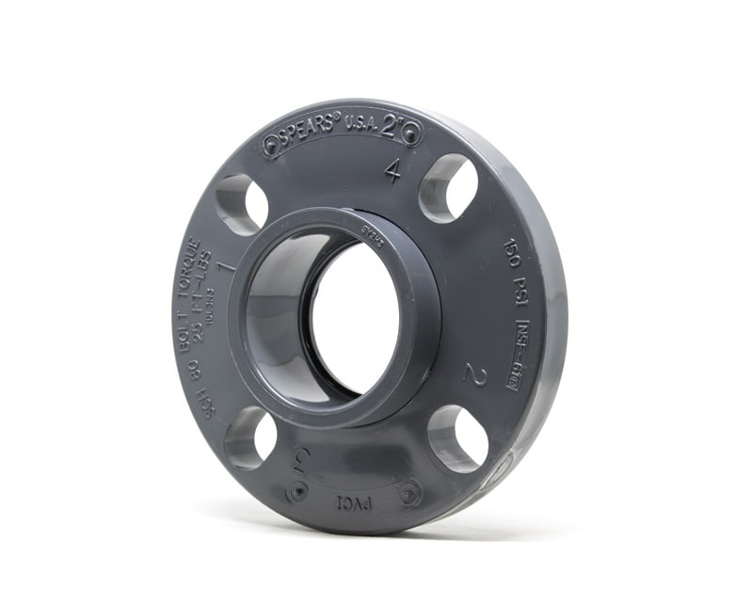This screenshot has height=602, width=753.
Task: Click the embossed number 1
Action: tap(226, 266)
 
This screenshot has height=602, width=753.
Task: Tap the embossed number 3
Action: tap(302, 459)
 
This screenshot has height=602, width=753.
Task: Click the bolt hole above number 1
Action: tap(242, 203)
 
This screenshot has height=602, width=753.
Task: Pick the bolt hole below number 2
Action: tap(457, 438)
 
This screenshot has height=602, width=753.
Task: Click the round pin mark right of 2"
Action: tap(411, 134)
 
